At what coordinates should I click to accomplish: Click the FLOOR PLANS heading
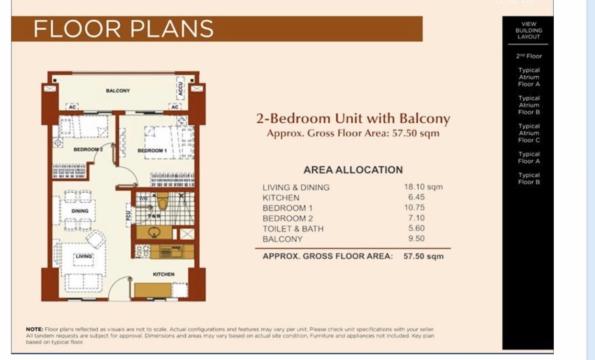click(124, 29)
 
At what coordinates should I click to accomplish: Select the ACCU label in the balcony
click(181, 87)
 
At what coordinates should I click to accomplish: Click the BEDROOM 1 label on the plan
click(152, 151)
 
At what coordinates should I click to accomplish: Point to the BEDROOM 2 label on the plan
click(88, 150)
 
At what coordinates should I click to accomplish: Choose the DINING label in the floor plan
click(80, 211)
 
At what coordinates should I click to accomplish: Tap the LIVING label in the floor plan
click(83, 256)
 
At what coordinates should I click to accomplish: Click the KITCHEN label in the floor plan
click(163, 274)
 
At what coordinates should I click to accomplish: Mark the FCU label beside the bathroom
click(128, 216)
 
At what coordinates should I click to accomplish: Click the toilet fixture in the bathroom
click(162, 203)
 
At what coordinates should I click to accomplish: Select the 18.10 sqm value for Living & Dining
click(423, 187)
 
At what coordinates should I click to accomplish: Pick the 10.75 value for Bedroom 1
click(415, 208)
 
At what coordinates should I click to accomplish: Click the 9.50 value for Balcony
click(415, 238)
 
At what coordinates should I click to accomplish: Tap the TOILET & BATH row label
click(293, 229)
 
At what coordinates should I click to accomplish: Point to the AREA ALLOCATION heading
click(353, 170)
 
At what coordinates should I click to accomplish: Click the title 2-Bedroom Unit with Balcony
click(353, 118)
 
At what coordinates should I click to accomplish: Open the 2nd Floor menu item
click(529, 56)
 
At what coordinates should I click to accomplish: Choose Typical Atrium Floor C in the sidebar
click(529, 133)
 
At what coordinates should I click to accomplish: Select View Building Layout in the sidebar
click(529, 30)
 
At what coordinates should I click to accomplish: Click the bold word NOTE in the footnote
click(34, 329)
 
